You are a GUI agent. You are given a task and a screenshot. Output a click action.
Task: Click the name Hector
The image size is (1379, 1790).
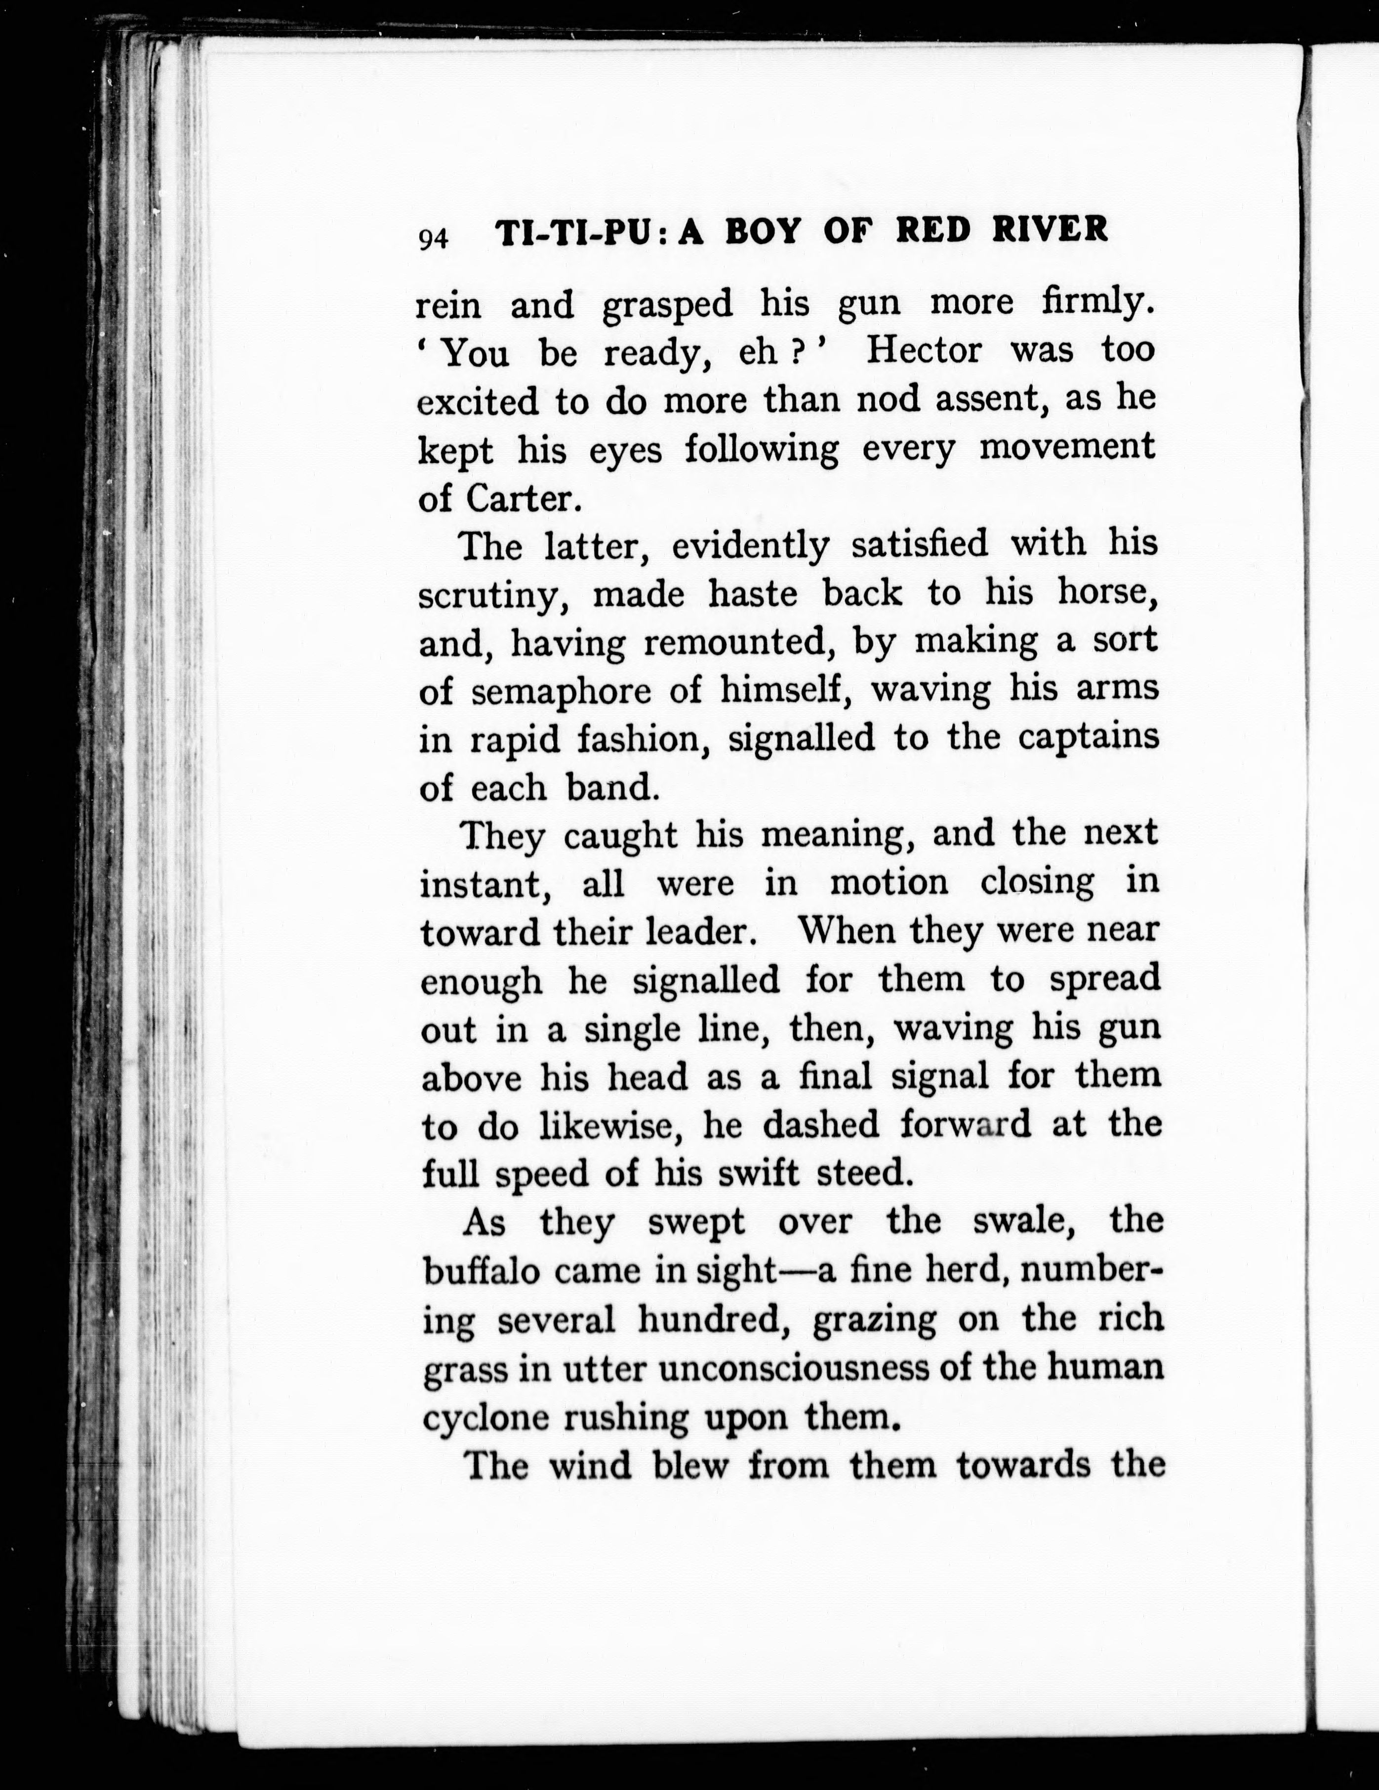(924, 351)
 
